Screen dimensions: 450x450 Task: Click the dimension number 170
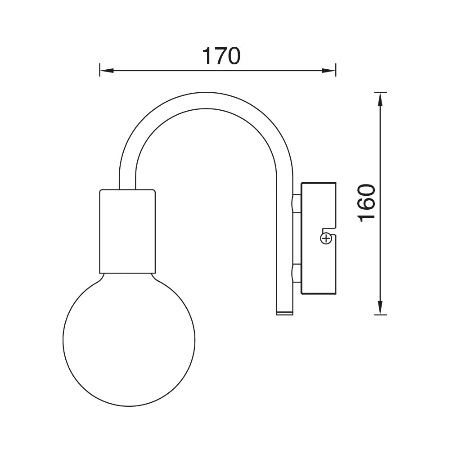coord(221,56)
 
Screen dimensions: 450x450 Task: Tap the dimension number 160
coord(367,202)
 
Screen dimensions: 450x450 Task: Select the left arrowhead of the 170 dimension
coord(106,71)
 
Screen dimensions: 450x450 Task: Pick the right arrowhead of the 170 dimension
coord(329,71)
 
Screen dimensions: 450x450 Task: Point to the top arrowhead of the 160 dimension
coord(381,99)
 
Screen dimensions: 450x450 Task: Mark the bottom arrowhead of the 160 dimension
coord(381,308)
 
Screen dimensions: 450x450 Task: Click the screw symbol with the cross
coord(326,238)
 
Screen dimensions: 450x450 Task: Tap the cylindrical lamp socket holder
coord(127,231)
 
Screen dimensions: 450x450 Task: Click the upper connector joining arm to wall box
coord(296,204)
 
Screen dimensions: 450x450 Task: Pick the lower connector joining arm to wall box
coord(296,273)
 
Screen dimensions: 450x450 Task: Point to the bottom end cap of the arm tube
coord(284,312)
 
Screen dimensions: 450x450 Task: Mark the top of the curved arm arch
coord(206,100)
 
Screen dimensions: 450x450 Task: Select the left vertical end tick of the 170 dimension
coord(100,70)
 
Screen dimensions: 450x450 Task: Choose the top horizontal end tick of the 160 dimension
coord(381,92)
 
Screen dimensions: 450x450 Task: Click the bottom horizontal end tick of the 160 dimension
coord(381,315)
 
